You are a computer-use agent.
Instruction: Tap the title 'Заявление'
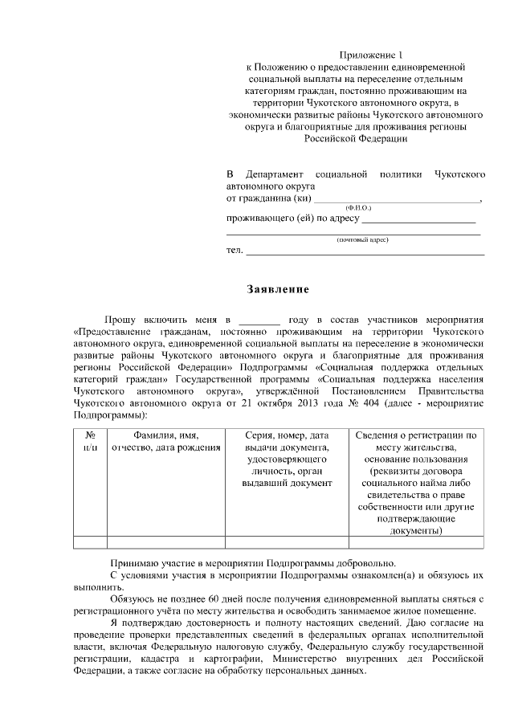276,288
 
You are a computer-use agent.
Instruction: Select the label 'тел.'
235,250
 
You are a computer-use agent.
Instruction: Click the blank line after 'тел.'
365,252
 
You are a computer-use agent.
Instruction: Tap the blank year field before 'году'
259,320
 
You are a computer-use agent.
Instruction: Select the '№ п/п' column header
90,441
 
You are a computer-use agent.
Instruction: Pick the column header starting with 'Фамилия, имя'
166,441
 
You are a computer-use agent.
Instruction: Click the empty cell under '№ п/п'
90,541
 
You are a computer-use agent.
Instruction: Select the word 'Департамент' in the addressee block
276,174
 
